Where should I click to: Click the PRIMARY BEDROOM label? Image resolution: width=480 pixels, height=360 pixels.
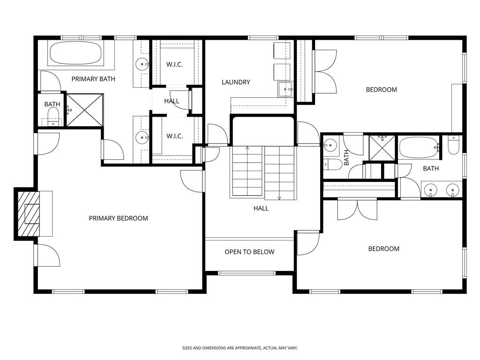pos(118,218)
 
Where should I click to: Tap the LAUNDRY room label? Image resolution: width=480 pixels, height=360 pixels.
pos(236,82)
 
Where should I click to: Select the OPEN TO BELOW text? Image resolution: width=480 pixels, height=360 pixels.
pos(249,252)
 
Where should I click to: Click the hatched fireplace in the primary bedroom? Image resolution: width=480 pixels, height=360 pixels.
pos(27,214)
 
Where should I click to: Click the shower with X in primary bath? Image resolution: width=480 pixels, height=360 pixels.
pos(84,110)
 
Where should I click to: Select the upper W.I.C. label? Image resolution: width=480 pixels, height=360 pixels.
pos(174,64)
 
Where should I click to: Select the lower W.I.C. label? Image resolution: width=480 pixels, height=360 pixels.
pos(174,136)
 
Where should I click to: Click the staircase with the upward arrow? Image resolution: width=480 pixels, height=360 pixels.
pos(247,171)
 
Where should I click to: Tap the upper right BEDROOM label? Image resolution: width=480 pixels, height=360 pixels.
pos(381,90)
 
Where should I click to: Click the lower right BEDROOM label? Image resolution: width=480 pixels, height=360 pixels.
pos(383,249)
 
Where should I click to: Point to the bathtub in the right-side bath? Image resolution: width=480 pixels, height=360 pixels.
pos(418,148)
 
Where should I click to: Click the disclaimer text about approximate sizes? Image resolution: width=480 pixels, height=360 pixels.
pos(240,348)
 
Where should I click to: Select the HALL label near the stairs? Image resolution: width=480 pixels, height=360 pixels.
pos(261,208)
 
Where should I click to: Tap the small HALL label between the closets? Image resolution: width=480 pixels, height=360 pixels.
pos(172,101)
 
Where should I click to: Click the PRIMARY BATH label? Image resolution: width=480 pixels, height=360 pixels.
pos(93,79)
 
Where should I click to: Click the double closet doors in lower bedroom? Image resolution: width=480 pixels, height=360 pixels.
pos(357,209)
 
